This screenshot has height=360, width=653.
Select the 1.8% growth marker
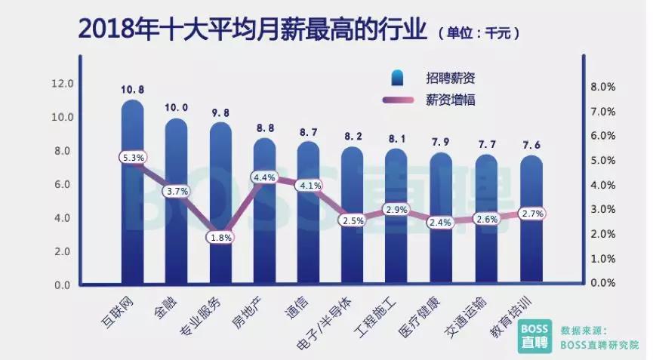click(220, 237)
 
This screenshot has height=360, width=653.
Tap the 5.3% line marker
click(133, 158)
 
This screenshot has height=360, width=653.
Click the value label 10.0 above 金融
click(177, 108)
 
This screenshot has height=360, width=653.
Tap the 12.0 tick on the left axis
click(62, 83)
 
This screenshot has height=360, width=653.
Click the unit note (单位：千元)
click(478, 33)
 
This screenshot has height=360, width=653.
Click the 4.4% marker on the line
click(265, 177)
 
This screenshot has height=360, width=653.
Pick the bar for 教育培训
click(531, 234)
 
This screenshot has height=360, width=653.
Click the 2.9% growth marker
click(396, 209)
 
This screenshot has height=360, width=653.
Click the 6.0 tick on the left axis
click(62, 184)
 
